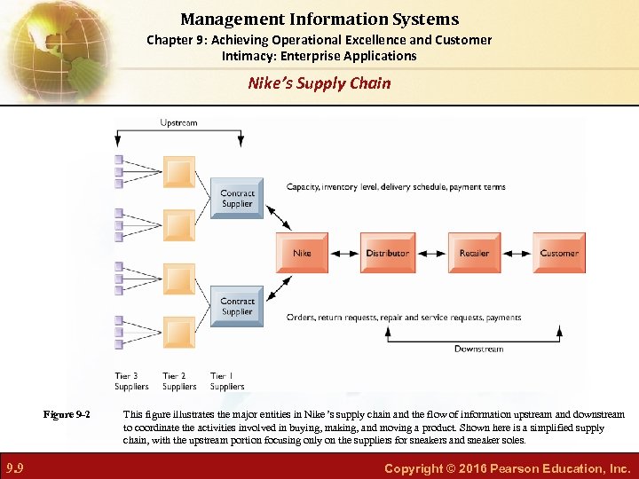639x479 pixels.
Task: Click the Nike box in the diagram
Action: coord(303,253)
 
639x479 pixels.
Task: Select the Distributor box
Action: coord(387,253)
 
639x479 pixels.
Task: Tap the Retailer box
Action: coord(474,253)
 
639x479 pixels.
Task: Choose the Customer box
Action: coord(559,253)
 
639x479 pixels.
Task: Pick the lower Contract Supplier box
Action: coord(237,307)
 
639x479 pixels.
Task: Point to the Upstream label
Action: coord(178,122)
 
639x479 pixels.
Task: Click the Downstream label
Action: coord(479,349)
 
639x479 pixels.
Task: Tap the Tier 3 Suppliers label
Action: coord(131,381)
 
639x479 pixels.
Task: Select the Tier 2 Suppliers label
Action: coord(179,381)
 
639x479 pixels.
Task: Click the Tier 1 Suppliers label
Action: coord(227,381)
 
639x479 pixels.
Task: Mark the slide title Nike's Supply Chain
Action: coord(319,83)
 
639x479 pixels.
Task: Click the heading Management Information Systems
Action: coord(319,19)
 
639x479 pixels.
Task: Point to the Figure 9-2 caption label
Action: coord(67,414)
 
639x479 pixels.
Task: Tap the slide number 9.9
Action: coord(15,467)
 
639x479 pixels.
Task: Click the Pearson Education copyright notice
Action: coord(507,467)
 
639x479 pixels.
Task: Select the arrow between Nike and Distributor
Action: coord(344,253)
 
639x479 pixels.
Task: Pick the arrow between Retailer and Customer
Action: coord(517,253)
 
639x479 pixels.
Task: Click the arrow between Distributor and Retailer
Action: coord(431,253)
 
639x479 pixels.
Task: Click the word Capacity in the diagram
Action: coord(304,187)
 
